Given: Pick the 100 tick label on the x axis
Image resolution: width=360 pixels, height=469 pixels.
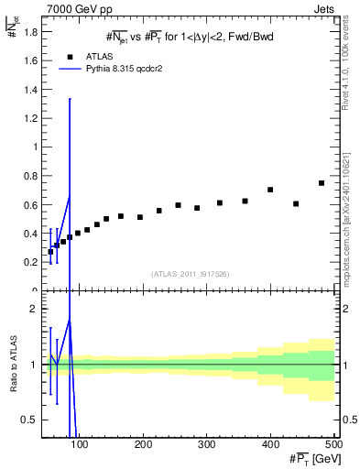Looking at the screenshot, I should pyautogui.click(x=81, y=444).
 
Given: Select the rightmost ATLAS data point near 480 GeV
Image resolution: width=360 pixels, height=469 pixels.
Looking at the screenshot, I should pyautogui.click(x=322, y=183).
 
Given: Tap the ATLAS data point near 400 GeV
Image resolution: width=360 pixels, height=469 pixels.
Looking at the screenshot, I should pyautogui.click(x=270, y=190).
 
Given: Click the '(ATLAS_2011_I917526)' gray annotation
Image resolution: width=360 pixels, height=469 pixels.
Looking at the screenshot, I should pyautogui.click(x=191, y=273).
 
